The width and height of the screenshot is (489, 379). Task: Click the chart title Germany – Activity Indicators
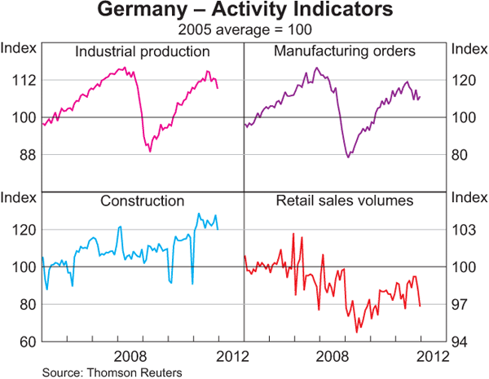[x=244, y=11]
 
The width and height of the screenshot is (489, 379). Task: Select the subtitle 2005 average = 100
[x=244, y=29]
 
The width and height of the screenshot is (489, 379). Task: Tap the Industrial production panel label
[x=143, y=51]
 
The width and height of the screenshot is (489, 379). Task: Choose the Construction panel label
[x=143, y=201]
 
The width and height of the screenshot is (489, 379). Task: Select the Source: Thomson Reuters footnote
[x=111, y=372]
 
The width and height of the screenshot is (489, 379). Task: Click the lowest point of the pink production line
[x=150, y=152]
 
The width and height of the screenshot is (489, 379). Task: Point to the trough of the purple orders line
[x=348, y=156]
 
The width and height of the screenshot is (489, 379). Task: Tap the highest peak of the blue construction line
[x=199, y=214]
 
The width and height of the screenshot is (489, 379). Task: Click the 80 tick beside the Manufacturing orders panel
[x=460, y=154]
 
